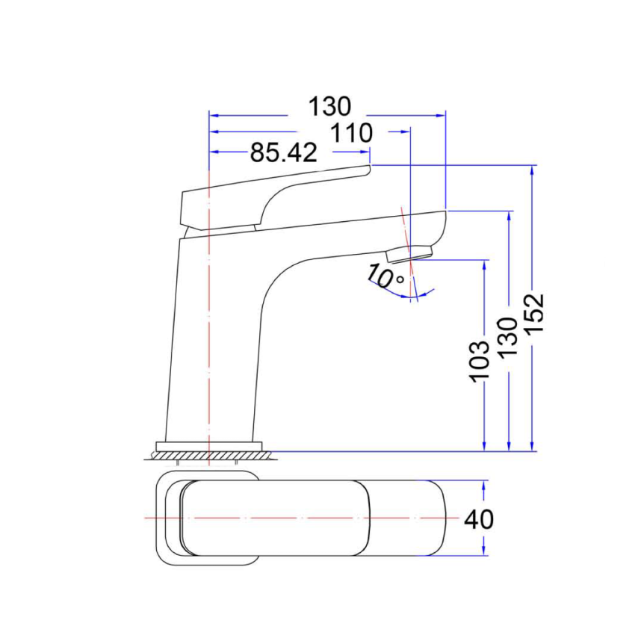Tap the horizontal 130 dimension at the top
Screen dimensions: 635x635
pos(329,107)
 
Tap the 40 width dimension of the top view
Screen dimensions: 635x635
pos(479,518)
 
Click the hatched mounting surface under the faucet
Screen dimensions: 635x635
pos(209,455)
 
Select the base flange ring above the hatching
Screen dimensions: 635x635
pos(209,447)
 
